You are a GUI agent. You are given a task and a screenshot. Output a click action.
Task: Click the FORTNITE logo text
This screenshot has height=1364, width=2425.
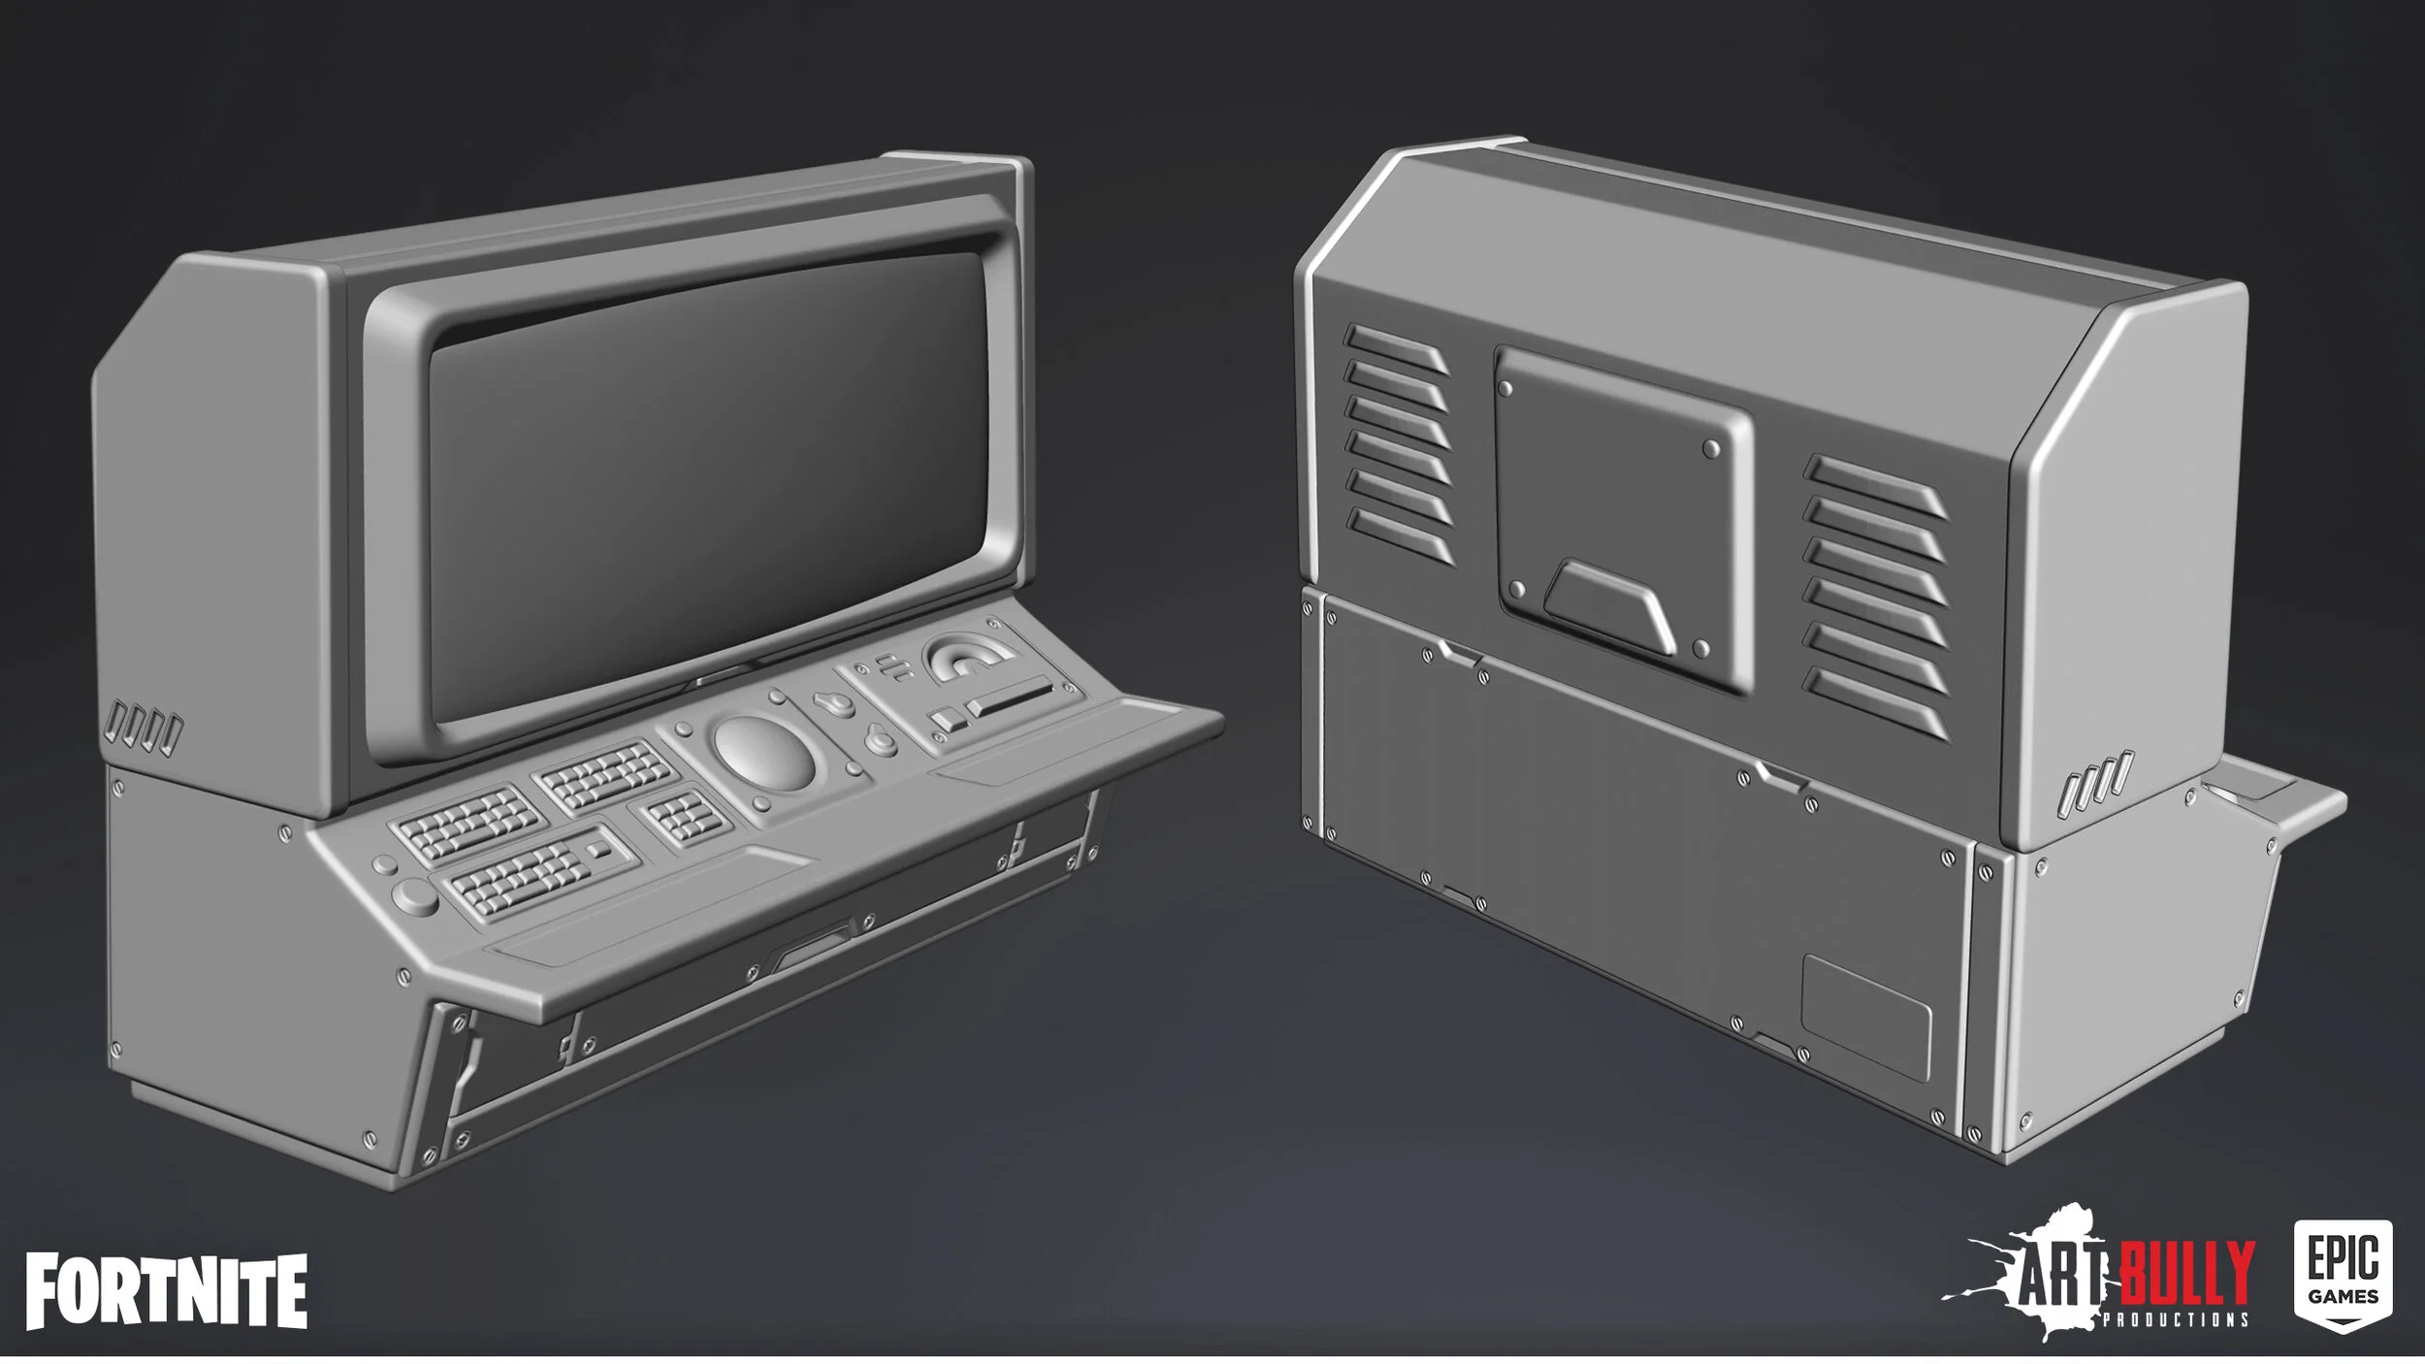(166, 1290)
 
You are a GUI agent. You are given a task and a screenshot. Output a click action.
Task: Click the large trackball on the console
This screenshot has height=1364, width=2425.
(764, 753)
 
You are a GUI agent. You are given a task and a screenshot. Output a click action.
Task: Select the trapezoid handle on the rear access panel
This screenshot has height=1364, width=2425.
(1610, 606)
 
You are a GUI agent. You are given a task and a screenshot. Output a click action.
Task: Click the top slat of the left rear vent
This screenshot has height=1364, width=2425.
(1395, 347)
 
